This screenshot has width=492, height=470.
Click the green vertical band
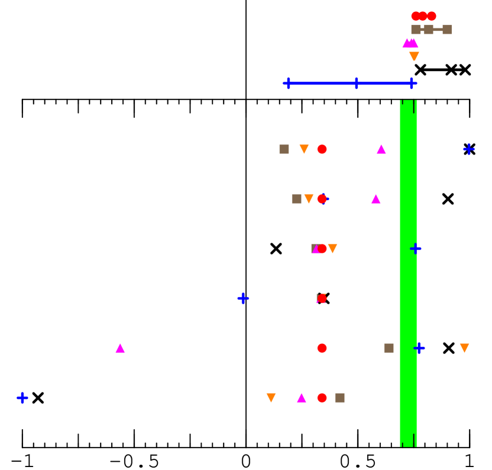coord(408,272)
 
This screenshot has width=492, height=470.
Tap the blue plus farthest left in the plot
coord(22,398)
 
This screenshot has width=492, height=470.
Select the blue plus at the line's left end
coord(288,83)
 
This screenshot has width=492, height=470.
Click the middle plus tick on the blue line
coord(356,83)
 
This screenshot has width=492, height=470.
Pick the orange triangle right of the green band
coord(464,348)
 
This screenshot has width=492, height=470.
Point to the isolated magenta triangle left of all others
coord(120,348)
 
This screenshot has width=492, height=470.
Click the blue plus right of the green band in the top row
coord(469,149)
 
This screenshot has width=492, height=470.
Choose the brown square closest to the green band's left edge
coord(389,348)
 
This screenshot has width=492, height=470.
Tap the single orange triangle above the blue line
coord(414,57)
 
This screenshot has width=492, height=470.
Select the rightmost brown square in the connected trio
coord(447,30)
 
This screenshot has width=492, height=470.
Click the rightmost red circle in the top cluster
coord(432,16)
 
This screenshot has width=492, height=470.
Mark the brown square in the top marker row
coord(284,149)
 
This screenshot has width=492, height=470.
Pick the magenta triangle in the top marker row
coord(381,149)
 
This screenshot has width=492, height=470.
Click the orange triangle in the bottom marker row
coord(271,398)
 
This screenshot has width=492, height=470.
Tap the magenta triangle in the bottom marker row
coord(302,398)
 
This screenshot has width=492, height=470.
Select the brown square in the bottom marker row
coord(339,398)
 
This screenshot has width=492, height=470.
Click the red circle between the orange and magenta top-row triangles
coord(322,149)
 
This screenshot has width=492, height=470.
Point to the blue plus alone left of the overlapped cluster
coord(243,298)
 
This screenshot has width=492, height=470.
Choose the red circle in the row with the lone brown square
coord(322,348)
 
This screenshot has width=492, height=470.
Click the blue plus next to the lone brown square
coord(419,348)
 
